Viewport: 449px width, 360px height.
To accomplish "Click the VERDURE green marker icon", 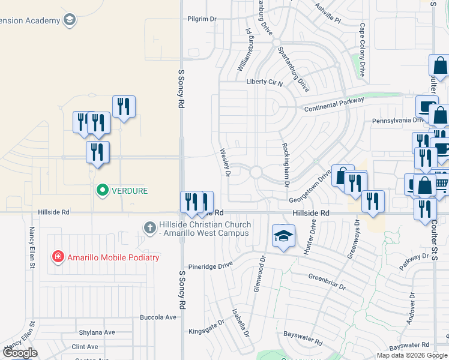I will tap(102, 191).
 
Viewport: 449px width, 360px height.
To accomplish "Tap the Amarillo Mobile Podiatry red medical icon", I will tap(58, 257).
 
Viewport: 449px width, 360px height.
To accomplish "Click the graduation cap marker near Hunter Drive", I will tap(283, 236).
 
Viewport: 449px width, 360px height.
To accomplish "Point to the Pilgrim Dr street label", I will tap(202, 19).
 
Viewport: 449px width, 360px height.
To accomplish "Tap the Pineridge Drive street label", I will tap(209, 265).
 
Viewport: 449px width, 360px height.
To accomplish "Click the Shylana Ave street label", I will tap(97, 332).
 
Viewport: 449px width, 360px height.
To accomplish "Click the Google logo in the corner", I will tap(20, 353).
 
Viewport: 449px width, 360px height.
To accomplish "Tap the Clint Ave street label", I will tap(85, 347).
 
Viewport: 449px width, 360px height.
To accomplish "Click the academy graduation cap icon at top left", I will tap(70, 20).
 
